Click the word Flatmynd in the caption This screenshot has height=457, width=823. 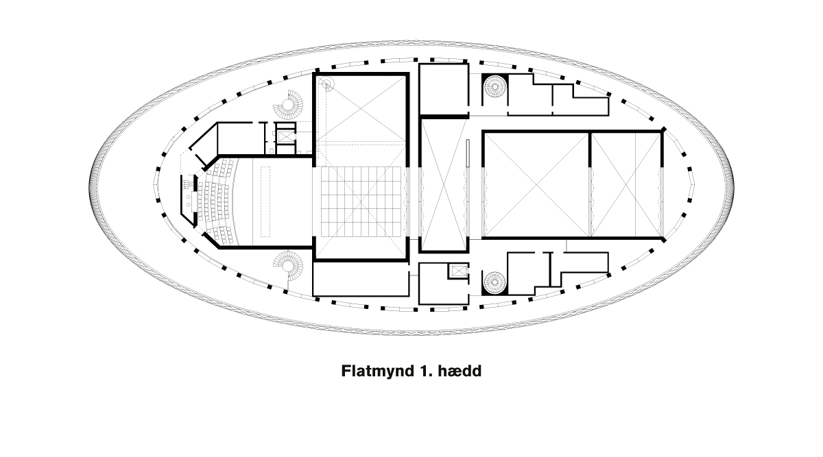[x=378, y=371]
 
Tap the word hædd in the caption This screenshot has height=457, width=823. [x=460, y=371]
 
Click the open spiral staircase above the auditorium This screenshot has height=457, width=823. [x=289, y=105]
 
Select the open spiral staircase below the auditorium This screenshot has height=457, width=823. [x=288, y=266]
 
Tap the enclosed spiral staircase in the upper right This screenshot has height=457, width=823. [x=495, y=86]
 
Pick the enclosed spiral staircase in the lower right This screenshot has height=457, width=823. [x=495, y=283]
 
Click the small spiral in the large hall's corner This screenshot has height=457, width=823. [x=326, y=85]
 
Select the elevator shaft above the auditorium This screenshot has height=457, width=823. [x=285, y=137]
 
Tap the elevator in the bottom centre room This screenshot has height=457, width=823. [x=458, y=271]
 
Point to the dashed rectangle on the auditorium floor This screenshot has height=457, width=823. [x=265, y=201]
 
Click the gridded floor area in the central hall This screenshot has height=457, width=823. [x=361, y=201]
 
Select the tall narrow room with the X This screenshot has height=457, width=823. [x=444, y=184]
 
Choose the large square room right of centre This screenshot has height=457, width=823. [x=536, y=184]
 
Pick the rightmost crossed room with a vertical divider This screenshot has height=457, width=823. [x=625, y=184]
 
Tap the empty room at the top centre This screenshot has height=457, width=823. [x=444, y=89]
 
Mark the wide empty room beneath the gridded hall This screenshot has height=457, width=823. [x=361, y=280]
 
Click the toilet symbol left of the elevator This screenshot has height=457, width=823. [x=272, y=151]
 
